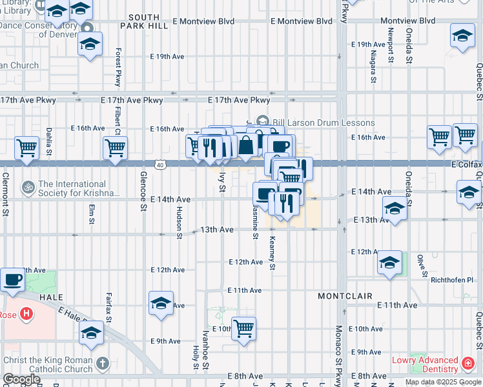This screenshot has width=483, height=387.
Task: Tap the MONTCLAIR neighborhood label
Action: [x=345, y=295]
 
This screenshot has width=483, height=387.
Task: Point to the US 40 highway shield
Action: [x=160, y=165]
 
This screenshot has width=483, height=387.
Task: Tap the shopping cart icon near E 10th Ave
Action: [x=243, y=328]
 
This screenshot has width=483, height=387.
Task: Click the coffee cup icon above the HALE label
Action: [x=13, y=279]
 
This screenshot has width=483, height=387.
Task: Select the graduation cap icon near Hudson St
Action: [x=161, y=303]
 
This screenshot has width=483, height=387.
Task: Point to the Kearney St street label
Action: [x=272, y=253]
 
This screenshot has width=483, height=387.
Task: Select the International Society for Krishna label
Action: [x=79, y=188]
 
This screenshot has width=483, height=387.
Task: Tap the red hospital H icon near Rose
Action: [x=26, y=314]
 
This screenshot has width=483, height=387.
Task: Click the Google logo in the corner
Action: [x=21, y=379]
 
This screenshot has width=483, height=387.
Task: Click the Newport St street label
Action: [x=391, y=45]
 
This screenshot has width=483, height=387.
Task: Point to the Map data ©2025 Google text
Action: [x=443, y=382]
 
